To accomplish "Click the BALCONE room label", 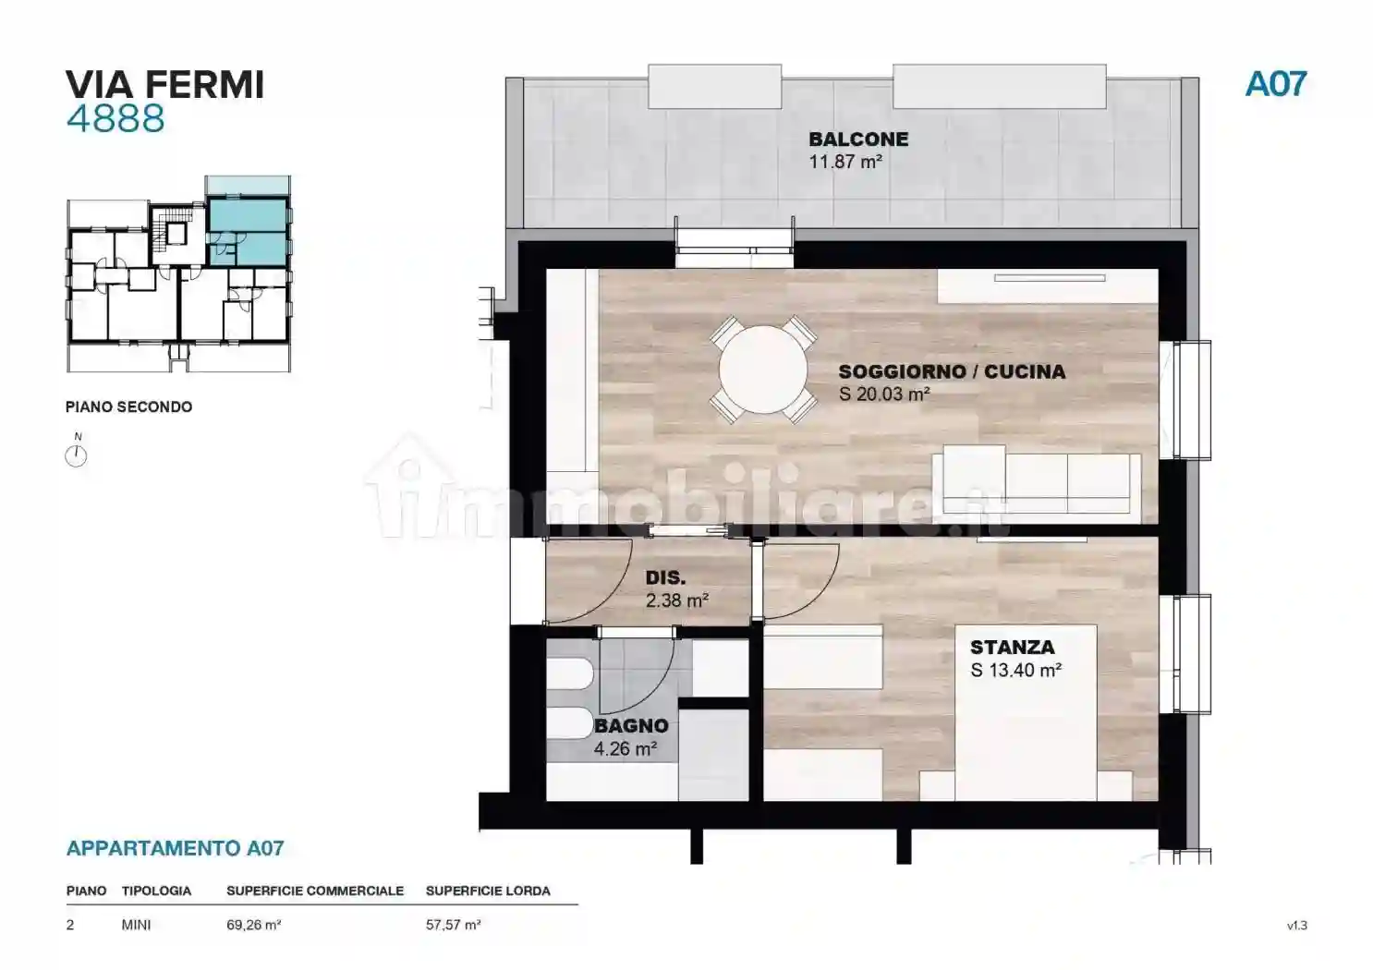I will tap(858, 139).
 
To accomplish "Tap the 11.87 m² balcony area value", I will tap(844, 163).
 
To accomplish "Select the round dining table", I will tap(763, 370).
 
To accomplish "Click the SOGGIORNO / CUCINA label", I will tap(952, 372).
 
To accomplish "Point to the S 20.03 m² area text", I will tap(883, 394).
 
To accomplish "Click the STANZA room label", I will tap(1012, 648).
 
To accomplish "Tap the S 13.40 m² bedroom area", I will tap(1015, 671).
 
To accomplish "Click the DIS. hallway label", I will tap(665, 578).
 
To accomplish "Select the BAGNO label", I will tap(631, 726).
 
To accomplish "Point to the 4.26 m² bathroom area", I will tap(626, 749).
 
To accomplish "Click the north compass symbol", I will tap(77, 455).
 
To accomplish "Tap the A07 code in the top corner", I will tap(1275, 84).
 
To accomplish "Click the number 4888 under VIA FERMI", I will tap(115, 119).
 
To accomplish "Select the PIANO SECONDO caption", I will tap(128, 406).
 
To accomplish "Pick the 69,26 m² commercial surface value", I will tap(253, 925).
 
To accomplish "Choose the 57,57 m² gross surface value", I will tap(453, 925).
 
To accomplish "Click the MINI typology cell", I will tap(136, 925).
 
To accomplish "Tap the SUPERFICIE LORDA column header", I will tap(488, 891).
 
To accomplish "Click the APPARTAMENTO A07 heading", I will tap(175, 848).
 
